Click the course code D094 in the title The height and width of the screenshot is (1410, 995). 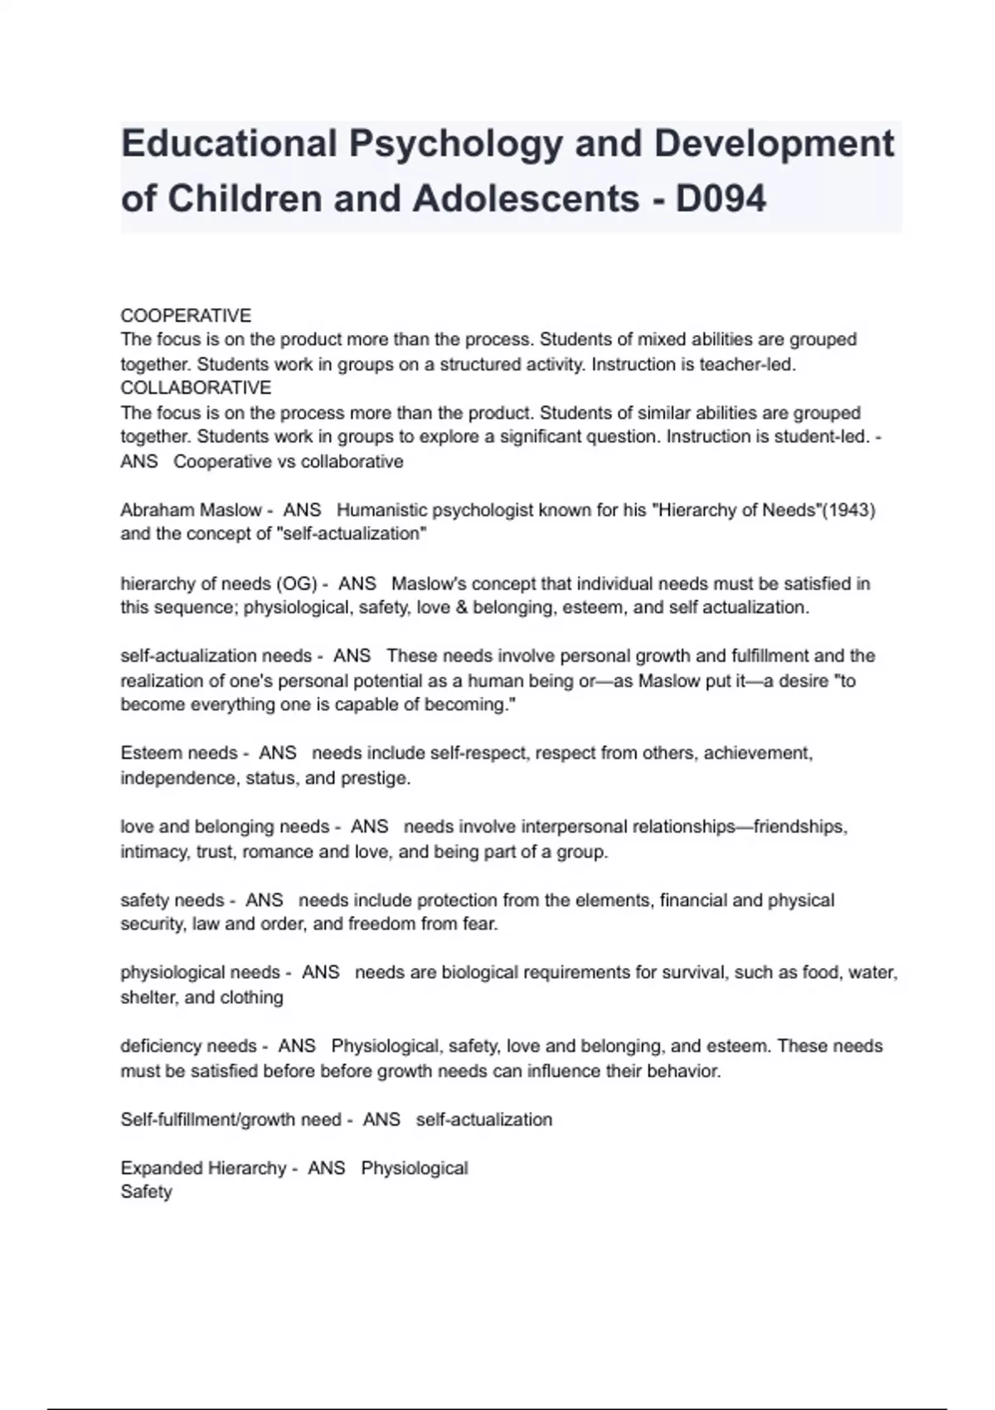[721, 199]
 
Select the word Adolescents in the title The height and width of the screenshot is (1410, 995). [526, 199]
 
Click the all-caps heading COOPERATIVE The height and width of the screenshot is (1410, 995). [186, 316]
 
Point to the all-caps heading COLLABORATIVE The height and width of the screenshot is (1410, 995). [196, 388]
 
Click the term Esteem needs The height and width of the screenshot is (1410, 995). [179, 753]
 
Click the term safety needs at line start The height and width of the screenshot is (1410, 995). [172, 901]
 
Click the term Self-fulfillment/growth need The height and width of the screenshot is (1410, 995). [231, 1120]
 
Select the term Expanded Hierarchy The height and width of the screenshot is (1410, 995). [203, 1169]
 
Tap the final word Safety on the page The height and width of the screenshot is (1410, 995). [146, 1192]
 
